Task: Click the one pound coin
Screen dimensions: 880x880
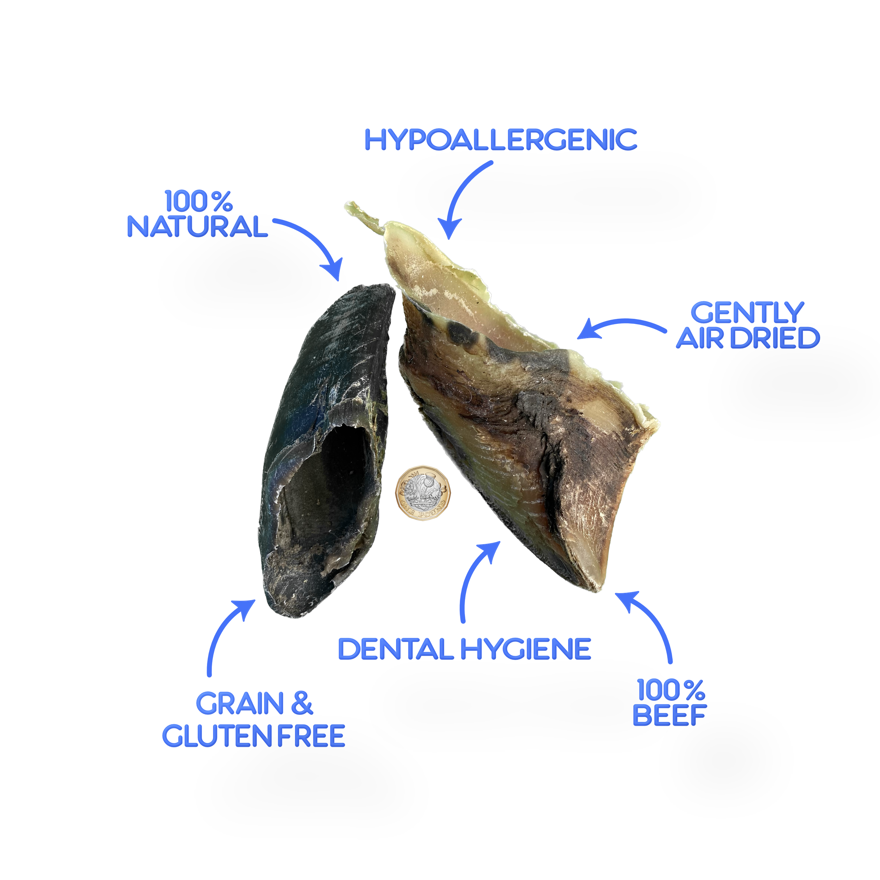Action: [423, 493]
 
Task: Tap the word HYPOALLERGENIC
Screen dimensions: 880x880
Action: [501, 139]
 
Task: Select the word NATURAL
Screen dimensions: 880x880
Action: [197, 226]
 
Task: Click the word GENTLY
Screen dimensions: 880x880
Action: [747, 313]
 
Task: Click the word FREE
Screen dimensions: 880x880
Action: [311, 736]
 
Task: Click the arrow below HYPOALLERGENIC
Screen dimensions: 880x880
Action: [460, 196]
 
